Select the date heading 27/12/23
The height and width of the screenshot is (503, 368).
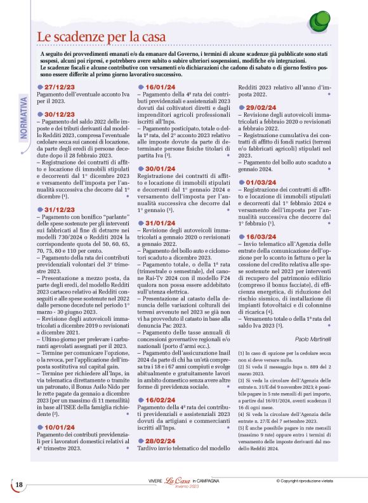coord(60,87)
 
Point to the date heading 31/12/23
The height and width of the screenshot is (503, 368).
coord(60,208)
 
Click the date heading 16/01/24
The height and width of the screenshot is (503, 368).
coord(161,87)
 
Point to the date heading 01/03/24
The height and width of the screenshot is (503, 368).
coord(260,182)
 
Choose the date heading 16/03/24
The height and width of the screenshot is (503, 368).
coord(260,236)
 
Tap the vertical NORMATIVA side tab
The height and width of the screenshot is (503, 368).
coord(23,115)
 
